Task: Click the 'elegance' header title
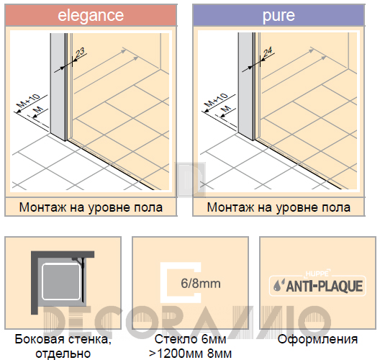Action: tap(91, 16)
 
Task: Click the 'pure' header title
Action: tap(279, 16)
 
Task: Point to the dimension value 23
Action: tap(80, 53)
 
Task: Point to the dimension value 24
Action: tap(268, 53)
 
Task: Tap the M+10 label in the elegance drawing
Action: tap(29, 100)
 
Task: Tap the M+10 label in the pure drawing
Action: tap(217, 100)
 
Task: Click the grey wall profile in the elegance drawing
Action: tap(58, 86)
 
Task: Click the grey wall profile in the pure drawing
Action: tap(245, 86)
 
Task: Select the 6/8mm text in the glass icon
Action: tap(201, 284)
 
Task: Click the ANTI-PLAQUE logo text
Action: tap(325, 286)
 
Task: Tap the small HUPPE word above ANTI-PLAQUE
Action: tap(317, 274)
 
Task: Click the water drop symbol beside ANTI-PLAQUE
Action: tap(278, 286)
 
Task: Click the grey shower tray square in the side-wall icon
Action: tap(61, 282)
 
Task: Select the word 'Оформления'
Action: tap(317, 339)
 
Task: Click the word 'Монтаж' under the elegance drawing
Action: tap(42, 208)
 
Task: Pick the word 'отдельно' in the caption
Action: tap(63, 354)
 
